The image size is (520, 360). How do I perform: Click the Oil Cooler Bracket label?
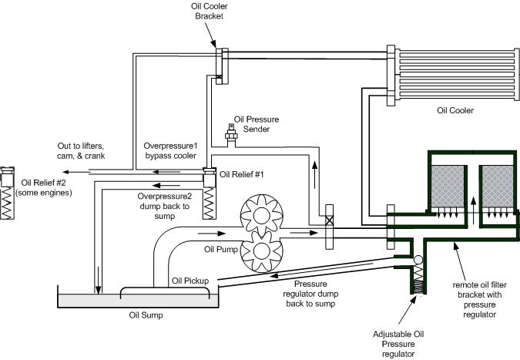click(210, 12)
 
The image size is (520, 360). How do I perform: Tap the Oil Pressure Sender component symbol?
click(231, 135)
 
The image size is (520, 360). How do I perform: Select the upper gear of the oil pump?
click(262, 216)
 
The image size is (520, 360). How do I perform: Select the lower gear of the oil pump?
click(262, 251)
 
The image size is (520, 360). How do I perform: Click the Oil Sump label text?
click(146, 315)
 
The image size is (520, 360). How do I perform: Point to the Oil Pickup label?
click(190, 281)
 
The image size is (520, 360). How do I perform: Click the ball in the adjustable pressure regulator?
click(418, 260)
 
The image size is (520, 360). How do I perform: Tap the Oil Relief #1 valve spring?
click(210, 203)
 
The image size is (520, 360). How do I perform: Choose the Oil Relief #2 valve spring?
click(7, 203)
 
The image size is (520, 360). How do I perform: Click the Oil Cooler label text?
click(455, 110)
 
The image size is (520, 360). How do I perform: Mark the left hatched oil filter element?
click(448, 187)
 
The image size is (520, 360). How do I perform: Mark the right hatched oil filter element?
click(498, 187)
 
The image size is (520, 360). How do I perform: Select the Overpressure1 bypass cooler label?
click(170, 150)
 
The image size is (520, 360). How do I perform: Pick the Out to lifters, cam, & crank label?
click(81, 150)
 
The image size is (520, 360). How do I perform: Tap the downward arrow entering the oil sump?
click(98, 280)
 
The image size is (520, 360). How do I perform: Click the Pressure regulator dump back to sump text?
click(310, 294)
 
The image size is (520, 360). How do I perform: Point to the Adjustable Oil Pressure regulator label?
click(398, 344)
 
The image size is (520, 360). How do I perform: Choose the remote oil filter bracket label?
click(479, 299)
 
